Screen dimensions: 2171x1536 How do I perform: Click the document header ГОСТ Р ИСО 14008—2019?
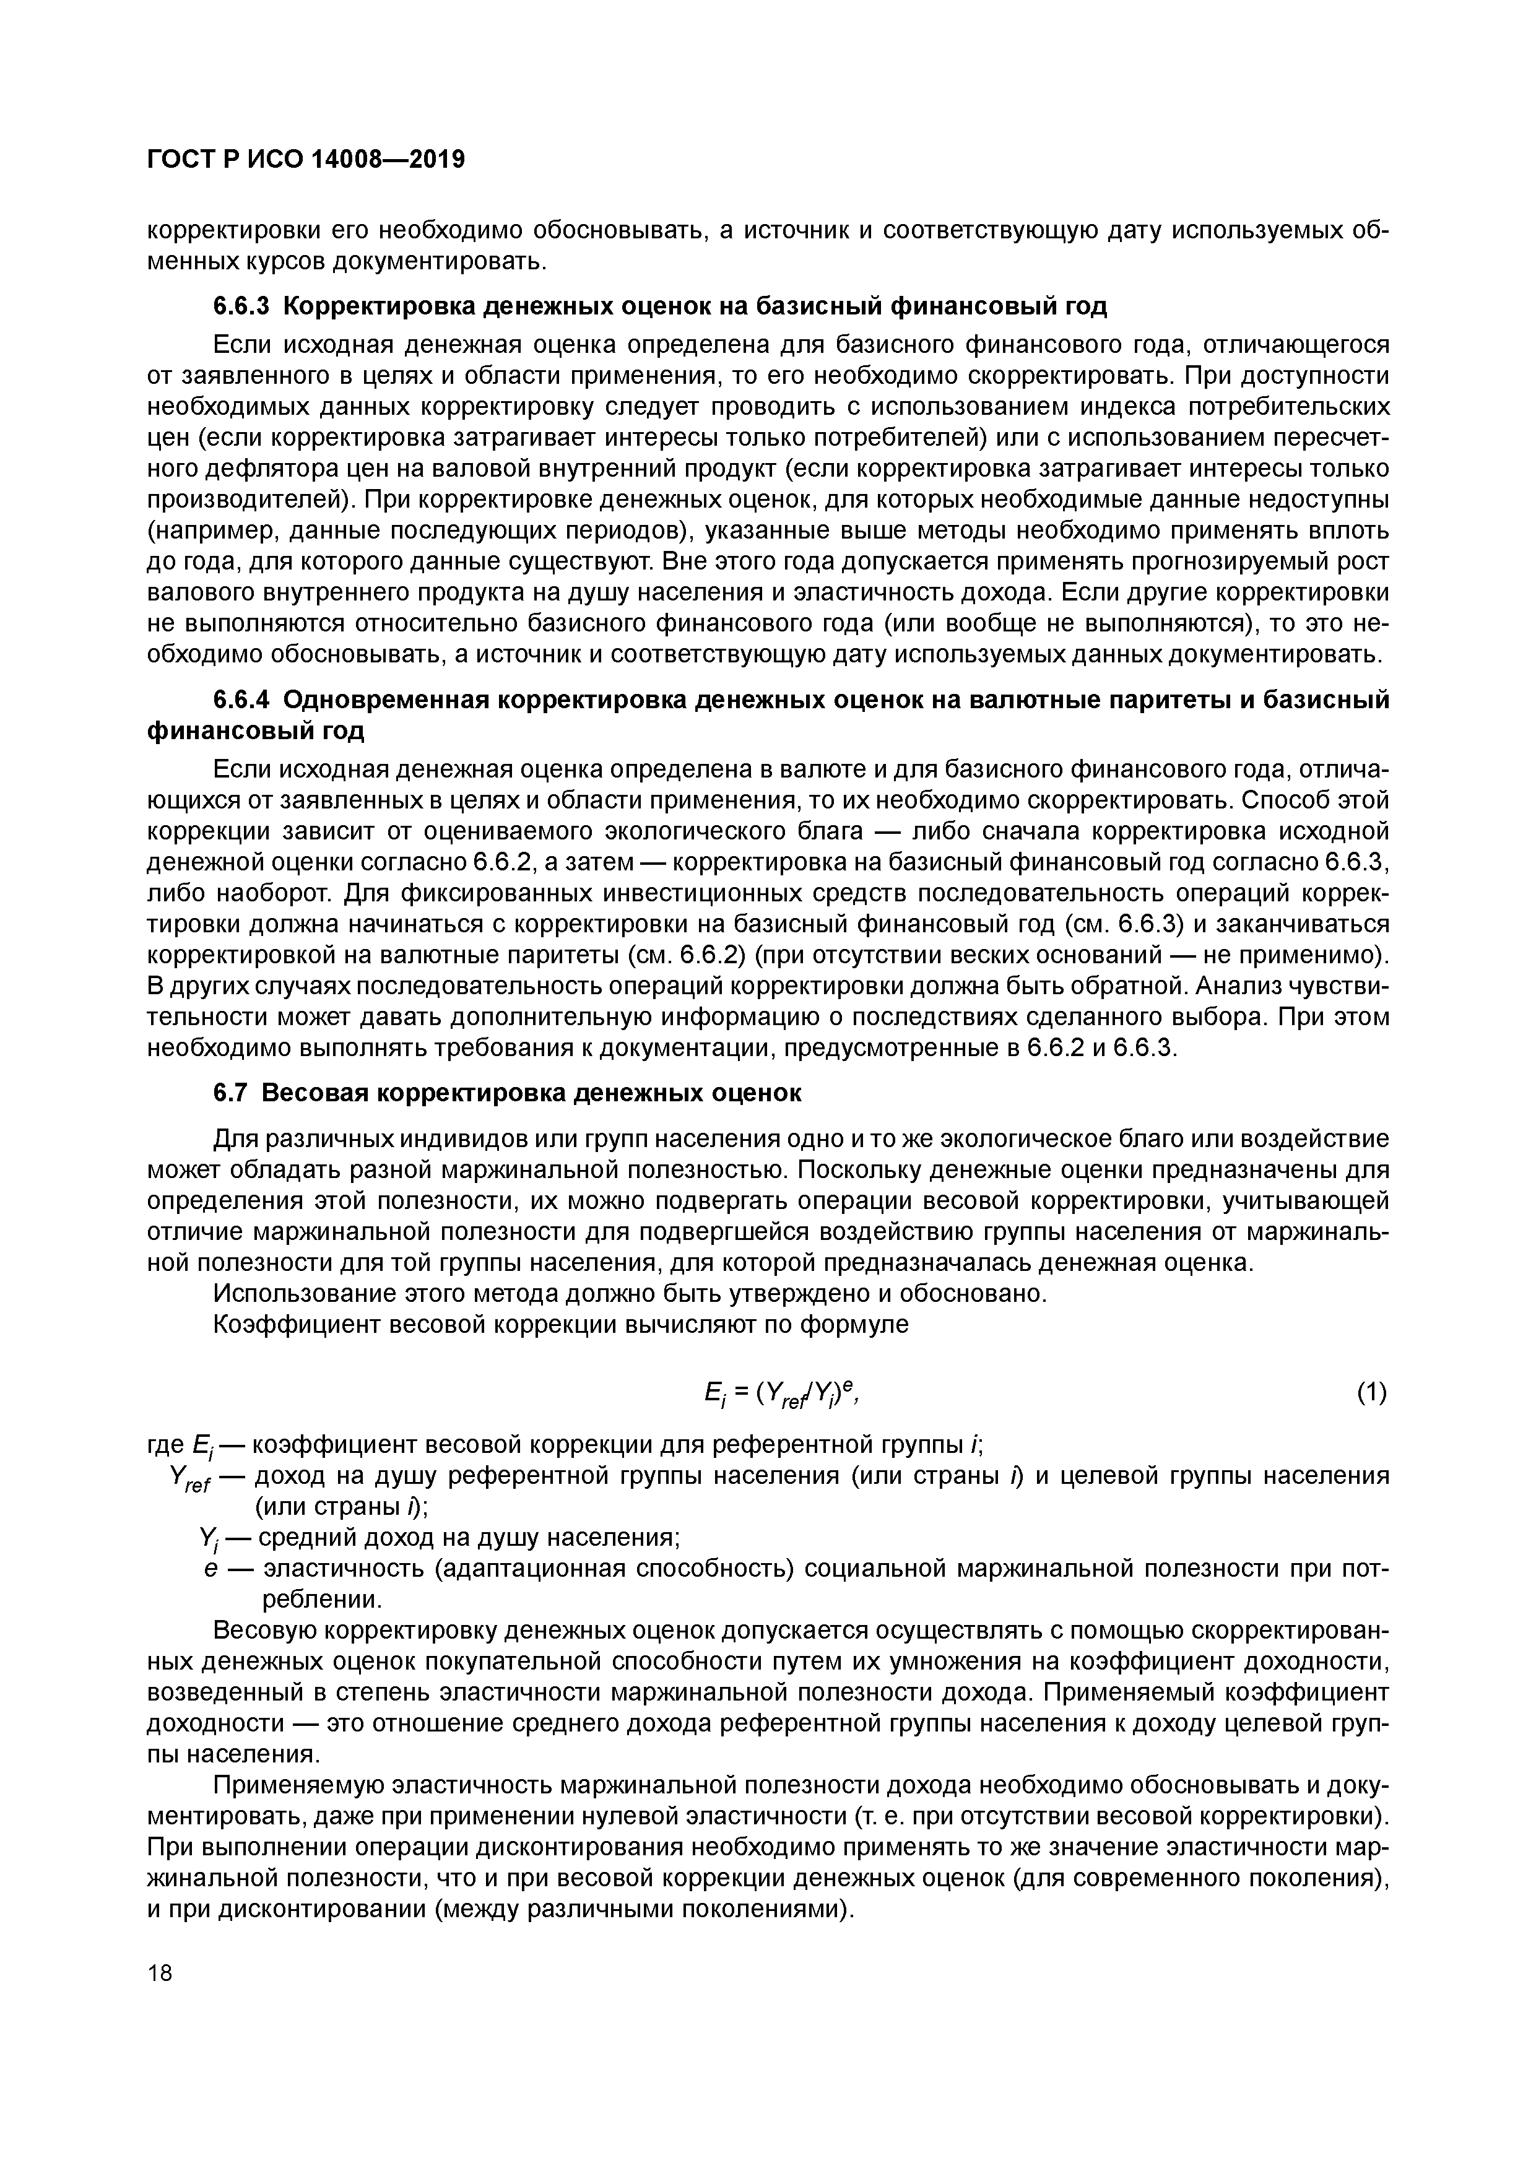(306, 160)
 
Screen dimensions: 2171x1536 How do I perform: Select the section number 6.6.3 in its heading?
(241, 306)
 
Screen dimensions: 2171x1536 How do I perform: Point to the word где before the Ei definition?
(167, 1445)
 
